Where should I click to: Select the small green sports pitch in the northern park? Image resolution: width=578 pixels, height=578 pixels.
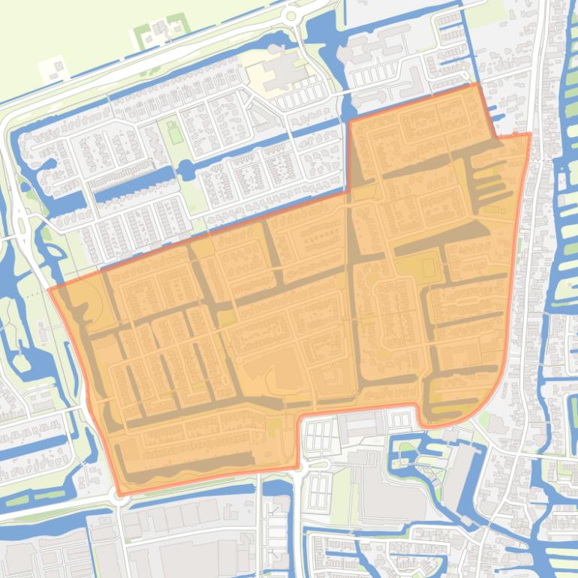174,131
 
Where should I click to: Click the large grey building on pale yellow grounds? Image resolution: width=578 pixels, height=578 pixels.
280,74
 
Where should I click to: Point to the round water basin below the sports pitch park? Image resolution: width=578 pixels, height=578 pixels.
185,170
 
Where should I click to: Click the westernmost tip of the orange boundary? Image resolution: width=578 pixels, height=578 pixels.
49,290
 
